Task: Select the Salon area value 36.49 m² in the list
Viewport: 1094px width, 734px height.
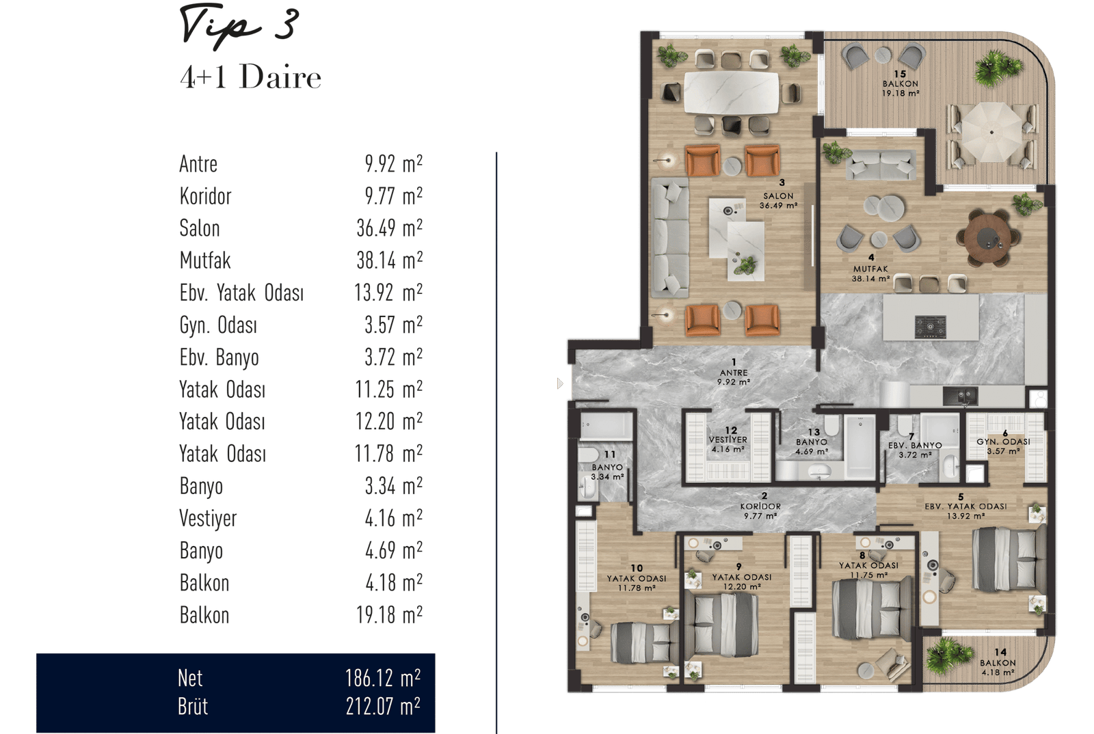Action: click(389, 228)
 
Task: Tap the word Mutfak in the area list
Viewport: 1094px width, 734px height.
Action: click(205, 260)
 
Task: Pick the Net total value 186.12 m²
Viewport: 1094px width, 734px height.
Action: click(383, 678)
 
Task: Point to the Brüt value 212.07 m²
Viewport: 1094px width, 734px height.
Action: click(383, 706)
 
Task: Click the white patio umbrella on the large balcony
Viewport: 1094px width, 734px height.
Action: click(991, 132)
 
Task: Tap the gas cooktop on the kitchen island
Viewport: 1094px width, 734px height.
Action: click(930, 327)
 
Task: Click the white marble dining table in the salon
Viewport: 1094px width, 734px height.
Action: click(731, 93)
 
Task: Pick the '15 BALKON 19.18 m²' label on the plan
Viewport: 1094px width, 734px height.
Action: click(900, 83)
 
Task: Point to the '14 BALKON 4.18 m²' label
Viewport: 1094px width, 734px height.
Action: click(998, 662)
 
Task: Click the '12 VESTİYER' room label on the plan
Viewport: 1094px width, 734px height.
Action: click(728, 435)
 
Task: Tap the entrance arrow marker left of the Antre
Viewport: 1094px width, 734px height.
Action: click(560, 383)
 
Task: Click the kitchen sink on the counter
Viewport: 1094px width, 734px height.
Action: click(960, 395)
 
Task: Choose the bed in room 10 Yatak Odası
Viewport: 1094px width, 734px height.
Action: click(643, 642)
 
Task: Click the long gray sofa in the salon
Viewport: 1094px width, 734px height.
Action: click(670, 238)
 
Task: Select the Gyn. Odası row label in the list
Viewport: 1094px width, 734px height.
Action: click(218, 325)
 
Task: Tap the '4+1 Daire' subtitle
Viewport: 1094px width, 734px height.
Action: click(250, 77)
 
